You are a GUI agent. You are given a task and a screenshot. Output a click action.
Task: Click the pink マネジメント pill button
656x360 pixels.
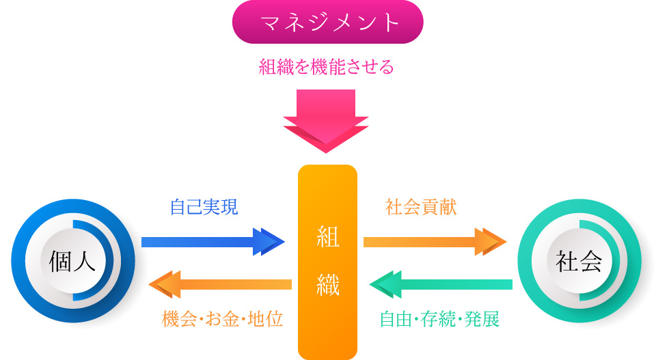point(327,22)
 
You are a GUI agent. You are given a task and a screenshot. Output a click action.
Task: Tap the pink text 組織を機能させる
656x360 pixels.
point(327,67)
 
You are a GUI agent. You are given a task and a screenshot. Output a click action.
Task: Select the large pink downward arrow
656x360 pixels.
point(326,120)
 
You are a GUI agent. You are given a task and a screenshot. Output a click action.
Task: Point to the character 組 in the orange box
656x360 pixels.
point(327,237)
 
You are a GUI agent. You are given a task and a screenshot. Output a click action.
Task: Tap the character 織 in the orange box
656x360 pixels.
point(327,285)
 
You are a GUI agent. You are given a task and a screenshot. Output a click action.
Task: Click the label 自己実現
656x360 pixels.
point(204,206)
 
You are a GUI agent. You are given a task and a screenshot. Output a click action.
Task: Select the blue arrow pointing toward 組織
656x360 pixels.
point(213,242)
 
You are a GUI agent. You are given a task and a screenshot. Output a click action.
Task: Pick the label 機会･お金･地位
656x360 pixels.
point(223,319)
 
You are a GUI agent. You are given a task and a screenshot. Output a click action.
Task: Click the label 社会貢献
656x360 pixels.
point(421,206)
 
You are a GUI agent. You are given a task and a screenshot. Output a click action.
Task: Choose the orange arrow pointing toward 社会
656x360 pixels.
point(435,242)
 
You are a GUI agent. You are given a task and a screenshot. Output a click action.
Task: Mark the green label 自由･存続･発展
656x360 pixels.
point(439,319)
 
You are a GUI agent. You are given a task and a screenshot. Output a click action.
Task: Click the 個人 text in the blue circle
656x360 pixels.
point(72,261)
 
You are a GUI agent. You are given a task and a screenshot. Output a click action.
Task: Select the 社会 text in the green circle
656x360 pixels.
point(579,261)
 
